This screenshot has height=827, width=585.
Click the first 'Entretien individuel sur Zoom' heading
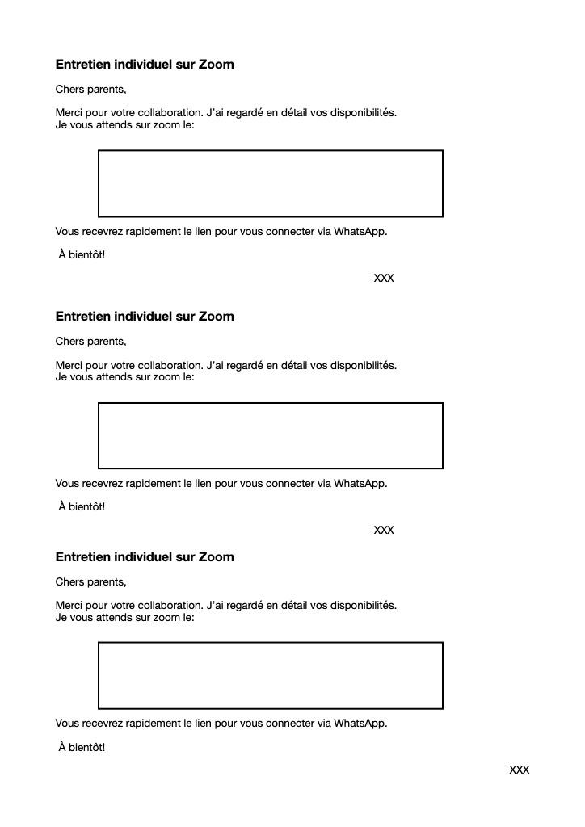point(145,65)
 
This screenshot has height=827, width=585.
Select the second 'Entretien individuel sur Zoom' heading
point(145,317)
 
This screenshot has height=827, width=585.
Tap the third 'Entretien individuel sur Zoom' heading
point(145,557)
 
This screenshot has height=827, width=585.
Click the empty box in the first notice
point(271,183)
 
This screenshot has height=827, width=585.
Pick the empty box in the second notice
point(271,435)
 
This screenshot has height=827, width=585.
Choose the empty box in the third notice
point(271,676)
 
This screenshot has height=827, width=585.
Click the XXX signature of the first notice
point(384,279)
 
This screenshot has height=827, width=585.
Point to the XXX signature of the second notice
point(384,531)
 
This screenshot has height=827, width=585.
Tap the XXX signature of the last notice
point(519,770)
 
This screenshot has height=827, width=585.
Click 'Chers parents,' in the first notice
point(90,89)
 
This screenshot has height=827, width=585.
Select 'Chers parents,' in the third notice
point(90,581)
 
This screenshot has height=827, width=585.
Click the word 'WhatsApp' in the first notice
point(360,232)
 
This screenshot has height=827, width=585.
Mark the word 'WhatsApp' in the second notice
point(360,484)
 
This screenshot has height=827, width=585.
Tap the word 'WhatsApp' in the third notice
point(360,724)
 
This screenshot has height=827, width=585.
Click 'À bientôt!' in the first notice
point(82,255)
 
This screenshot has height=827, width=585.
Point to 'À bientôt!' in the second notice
point(82,507)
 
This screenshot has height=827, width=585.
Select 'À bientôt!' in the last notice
point(82,748)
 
